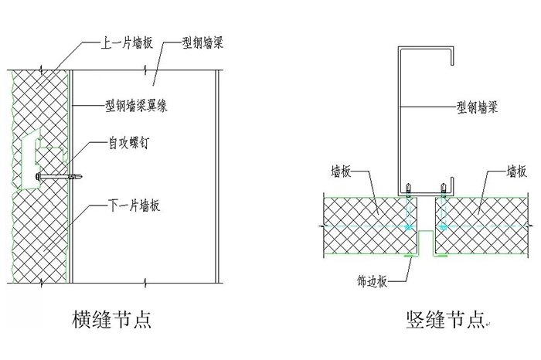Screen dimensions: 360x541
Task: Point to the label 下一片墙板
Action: [132, 206]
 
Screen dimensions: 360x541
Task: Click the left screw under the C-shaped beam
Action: [407, 188]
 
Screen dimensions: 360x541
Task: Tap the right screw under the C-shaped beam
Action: [442, 188]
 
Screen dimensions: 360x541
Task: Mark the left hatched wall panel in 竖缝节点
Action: [363, 226]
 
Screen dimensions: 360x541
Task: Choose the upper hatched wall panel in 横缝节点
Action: [39, 100]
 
